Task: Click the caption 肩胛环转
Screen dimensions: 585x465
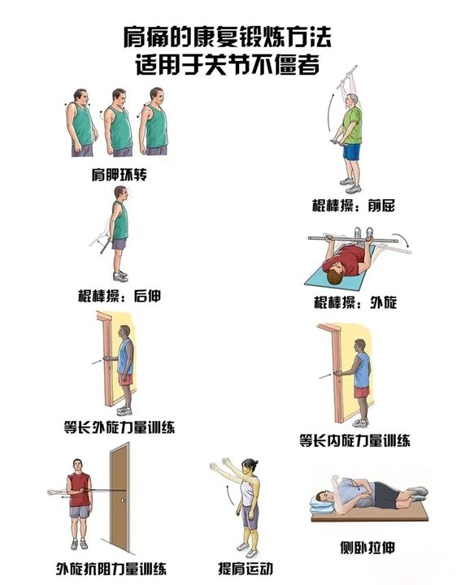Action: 120,175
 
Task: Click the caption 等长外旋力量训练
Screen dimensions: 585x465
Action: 119,427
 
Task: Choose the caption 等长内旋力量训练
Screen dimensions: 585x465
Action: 354,440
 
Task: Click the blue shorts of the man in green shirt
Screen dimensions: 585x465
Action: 352,151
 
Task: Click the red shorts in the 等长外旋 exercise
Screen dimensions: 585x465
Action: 125,382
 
